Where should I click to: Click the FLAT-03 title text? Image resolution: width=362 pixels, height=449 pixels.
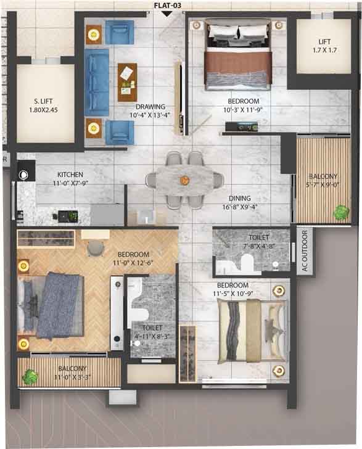point(168,6)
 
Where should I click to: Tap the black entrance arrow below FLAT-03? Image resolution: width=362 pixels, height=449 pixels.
point(167,14)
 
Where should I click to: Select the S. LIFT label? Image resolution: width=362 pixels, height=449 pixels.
point(43,101)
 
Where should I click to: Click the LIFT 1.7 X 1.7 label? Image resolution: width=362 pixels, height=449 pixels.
point(324,46)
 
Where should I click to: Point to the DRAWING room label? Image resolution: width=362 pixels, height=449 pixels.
point(150,107)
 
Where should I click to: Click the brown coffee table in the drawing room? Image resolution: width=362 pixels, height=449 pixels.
point(127,82)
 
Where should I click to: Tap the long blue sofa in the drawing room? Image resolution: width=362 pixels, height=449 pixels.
point(97,82)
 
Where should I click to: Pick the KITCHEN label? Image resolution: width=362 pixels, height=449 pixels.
point(70,175)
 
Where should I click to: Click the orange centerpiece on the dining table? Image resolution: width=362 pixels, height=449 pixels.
point(184,180)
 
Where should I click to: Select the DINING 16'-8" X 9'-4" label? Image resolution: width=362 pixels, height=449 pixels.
point(240,202)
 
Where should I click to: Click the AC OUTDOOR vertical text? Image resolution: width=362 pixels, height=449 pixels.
point(305,250)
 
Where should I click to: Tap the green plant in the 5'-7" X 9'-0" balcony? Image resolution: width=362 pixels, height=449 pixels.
point(342,212)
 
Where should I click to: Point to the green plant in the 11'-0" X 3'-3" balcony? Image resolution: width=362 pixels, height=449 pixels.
point(30,377)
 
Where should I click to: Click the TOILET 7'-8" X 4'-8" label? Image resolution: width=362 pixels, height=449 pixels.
point(259,241)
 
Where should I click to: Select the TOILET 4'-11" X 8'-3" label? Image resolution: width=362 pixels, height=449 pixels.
point(152,332)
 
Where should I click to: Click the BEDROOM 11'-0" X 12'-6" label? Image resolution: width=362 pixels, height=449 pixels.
point(133,258)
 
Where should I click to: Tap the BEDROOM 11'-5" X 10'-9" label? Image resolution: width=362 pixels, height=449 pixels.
point(233,289)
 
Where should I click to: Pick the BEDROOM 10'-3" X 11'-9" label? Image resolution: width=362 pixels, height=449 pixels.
point(243,105)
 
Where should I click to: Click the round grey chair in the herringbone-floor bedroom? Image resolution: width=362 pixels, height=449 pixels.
point(95,248)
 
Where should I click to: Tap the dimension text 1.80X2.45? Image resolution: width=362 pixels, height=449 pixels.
point(43,110)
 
